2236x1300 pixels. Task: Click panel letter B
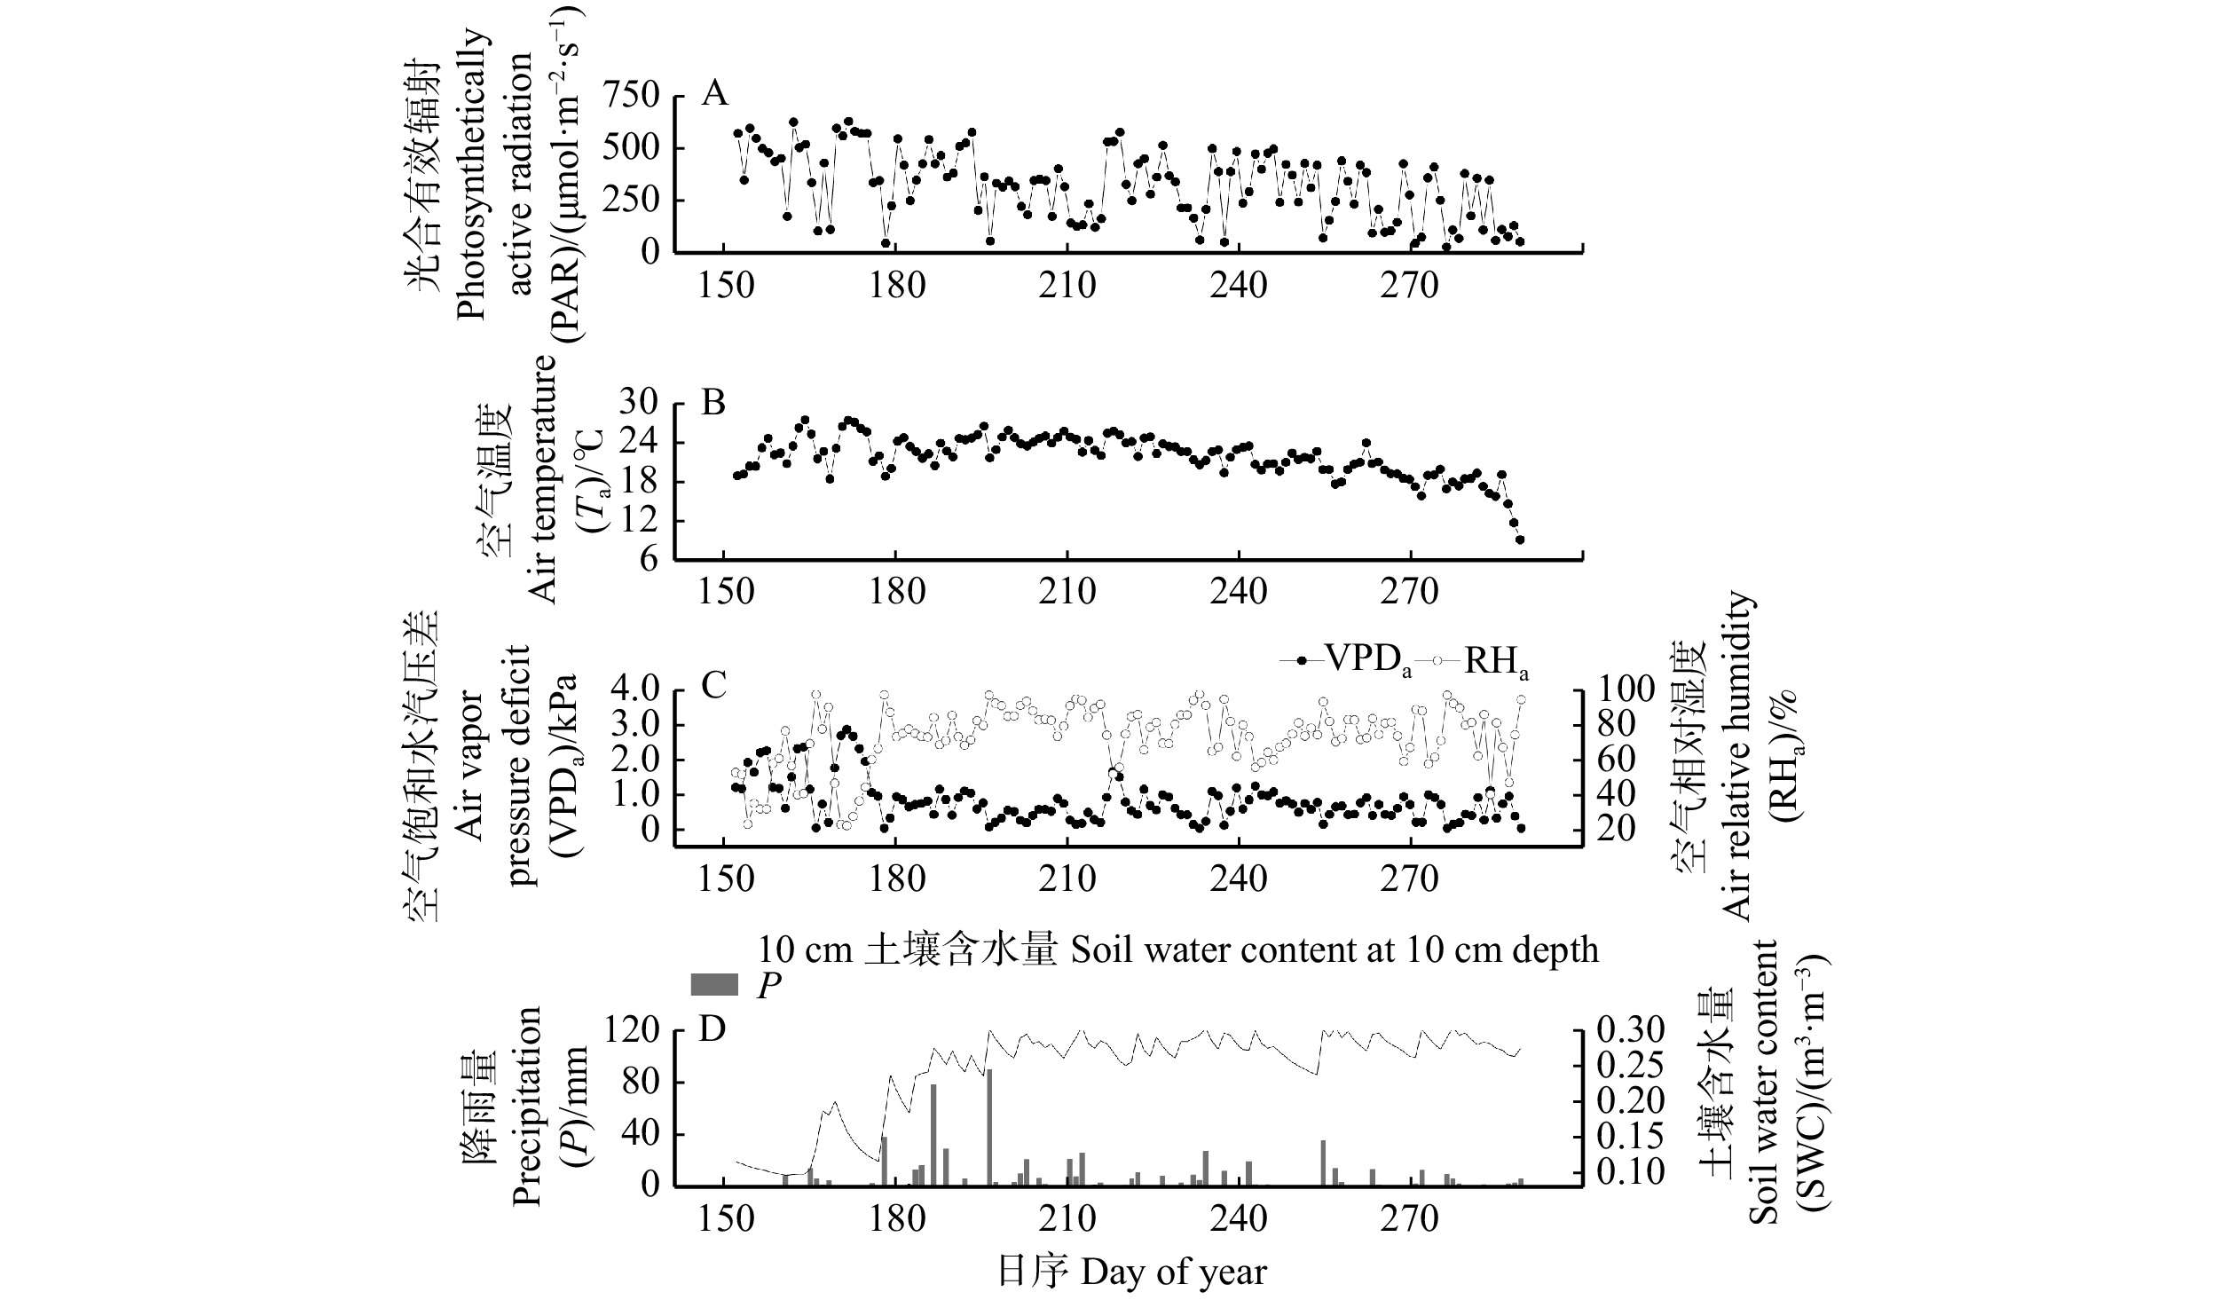pyautogui.click(x=713, y=404)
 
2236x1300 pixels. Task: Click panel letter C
pyautogui.click(x=714, y=685)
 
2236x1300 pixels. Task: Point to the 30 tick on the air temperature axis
pyautogui.click(x=643, y=404)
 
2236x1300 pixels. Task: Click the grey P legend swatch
pyautogui.click(x=714, y=985)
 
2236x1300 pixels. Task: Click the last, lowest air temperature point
pyautogui.click(x=1520, y=540)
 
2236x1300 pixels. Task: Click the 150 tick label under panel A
pyautogui.click(x=726, y=286)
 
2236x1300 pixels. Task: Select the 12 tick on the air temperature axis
pyautogui.click(x=643, y=521)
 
